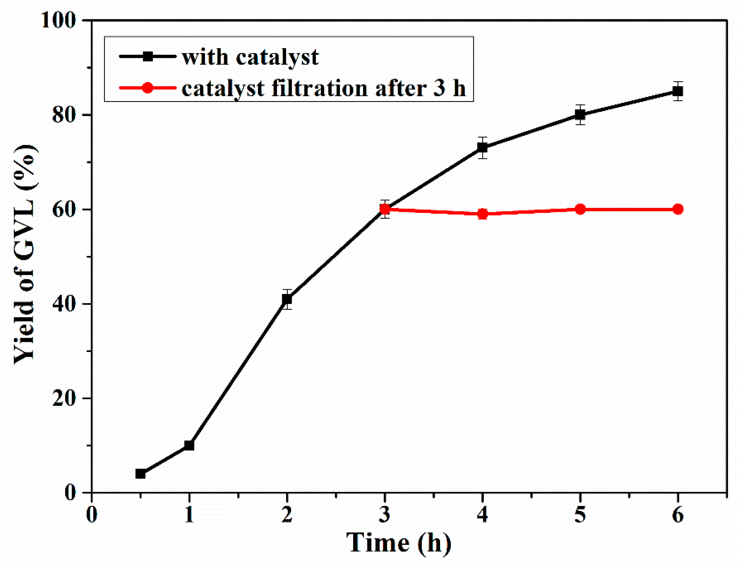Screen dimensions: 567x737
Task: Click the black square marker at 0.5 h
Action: click(x=140, y=474)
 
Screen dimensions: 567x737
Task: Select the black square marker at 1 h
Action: click(x=189, y=446)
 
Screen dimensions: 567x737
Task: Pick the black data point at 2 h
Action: click(x=287, y=299)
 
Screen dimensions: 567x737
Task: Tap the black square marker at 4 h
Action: click(x=483, y=148)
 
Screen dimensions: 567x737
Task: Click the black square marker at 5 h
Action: click(x=580, y=115)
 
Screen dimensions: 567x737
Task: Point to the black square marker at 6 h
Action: click(x=678, y=91)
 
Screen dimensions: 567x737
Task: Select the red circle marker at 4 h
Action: click(x=483, y=214)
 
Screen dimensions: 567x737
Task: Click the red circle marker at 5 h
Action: click(x=580, y=209)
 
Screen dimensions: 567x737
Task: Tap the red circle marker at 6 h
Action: click(x=678, y=209)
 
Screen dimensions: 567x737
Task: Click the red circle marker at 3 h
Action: click(x=385, y=209)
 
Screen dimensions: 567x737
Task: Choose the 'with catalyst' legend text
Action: click(x=250, y=57)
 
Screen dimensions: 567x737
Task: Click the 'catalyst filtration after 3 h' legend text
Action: click(x=324, y=89)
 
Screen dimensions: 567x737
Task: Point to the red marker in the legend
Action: click(x=147, y=88)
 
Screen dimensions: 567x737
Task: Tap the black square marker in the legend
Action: click(x=147, y=56)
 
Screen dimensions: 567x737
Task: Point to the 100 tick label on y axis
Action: click(x=57, y=21)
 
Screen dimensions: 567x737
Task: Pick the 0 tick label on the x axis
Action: click(x=91, y=515)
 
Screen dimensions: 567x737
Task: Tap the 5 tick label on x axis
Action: click(x=580, y=515)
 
